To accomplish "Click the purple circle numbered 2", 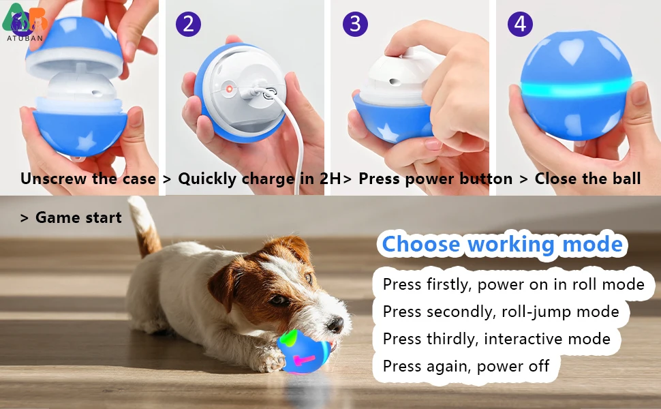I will click(x=188, y=25).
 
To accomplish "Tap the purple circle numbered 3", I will click(x=354, y=25).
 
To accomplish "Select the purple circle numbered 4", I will click(x=520, y=25).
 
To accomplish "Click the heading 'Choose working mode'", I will click(x=502, y=244).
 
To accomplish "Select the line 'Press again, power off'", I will click(x=465, y=366).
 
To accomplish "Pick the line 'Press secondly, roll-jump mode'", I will click(x=501, y=312).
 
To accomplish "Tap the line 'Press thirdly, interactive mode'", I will click(x=496, y=339).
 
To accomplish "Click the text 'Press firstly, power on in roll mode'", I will click(x=513, y=284).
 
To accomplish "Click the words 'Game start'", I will click(x=78, y=218).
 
